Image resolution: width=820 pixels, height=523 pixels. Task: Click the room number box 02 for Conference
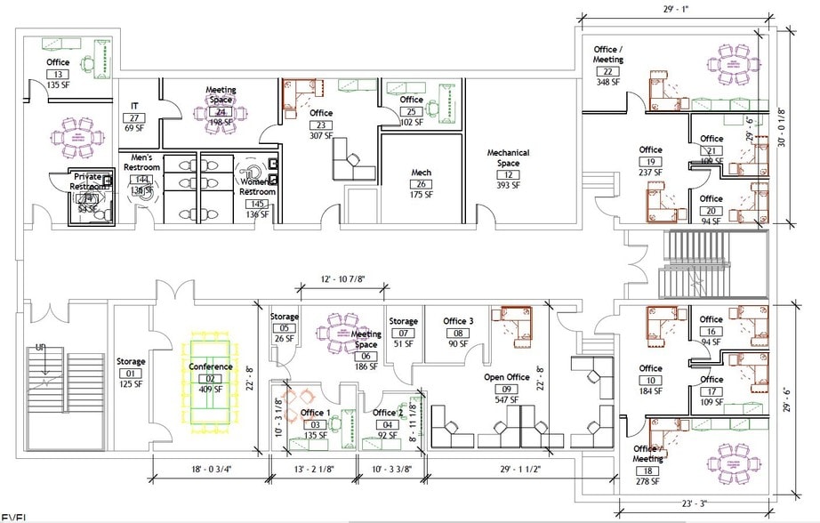[210, 379]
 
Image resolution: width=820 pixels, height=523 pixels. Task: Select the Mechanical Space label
[508, 158]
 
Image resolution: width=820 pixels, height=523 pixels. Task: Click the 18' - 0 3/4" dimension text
[210, 471]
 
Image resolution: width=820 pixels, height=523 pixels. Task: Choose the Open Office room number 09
[507, 389]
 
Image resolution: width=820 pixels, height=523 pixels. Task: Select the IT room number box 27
[134, 117]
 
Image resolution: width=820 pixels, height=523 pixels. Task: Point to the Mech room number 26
[421, 184]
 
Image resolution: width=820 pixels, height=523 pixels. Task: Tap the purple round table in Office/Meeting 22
[728, 64]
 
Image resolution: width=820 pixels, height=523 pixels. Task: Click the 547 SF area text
[507, 400]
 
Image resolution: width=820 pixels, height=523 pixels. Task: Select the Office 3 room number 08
[458, 333]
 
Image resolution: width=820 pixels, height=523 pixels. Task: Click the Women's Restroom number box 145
[258, 204]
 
